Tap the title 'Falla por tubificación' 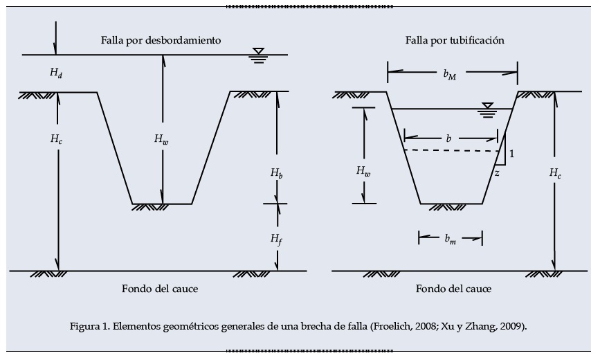(455, 40)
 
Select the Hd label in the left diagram (57, 71)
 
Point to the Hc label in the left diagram (57, 138)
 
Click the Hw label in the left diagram (161, 138)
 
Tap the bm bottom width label (451, 240)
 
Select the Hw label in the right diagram (363, 170)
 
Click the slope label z (497, 174)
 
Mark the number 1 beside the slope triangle (511, 154)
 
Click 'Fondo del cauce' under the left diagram (159, 289)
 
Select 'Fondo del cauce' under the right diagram (453, 289)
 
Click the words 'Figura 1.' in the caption (90, 325)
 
